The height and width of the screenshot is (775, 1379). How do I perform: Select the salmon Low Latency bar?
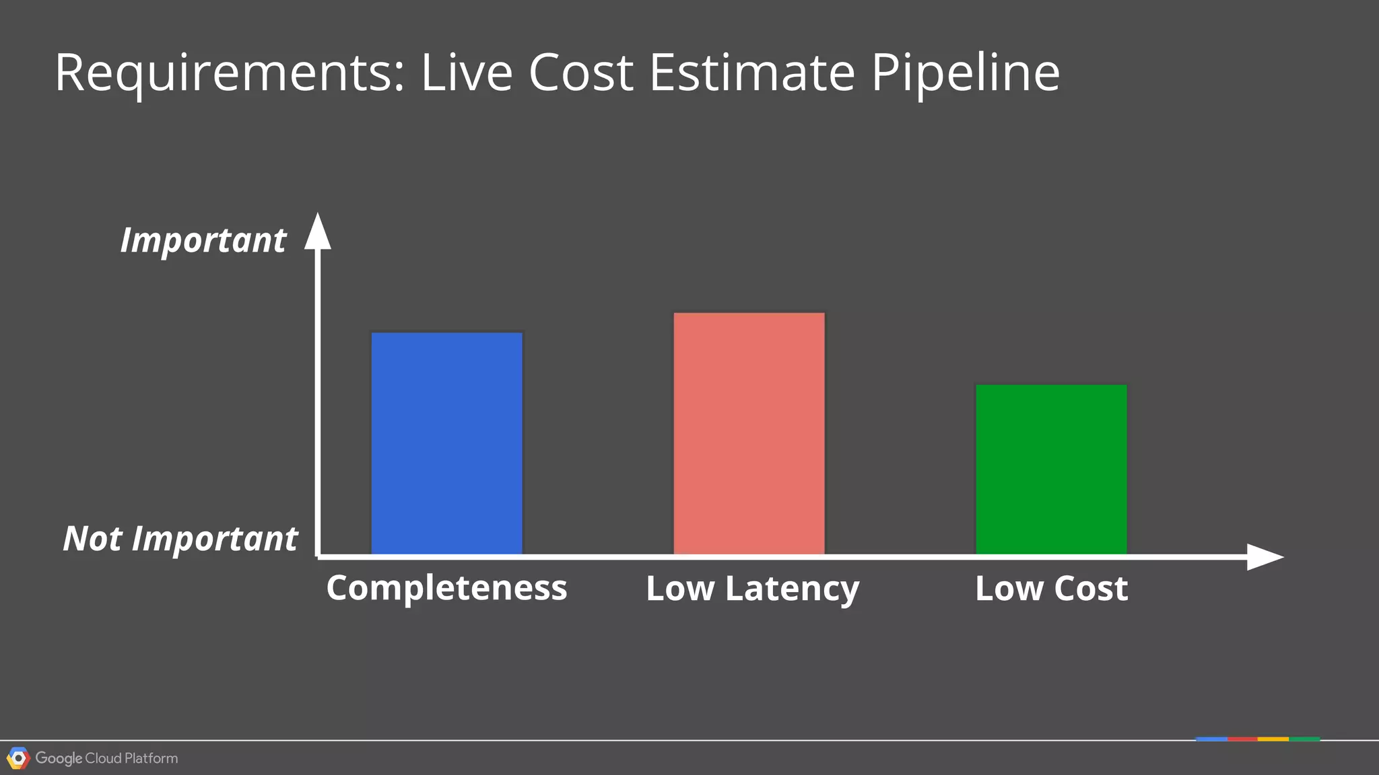(x=749, y=433)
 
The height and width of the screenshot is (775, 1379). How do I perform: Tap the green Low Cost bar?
(x=1051, y=469)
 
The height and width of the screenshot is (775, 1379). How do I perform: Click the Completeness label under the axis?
(x=446, y=587)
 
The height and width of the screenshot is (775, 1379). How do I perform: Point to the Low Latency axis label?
(x=752, y=589)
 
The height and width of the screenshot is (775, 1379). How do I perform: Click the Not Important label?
(x=180, y=538)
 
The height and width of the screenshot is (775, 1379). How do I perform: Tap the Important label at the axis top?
(x=203, y=240)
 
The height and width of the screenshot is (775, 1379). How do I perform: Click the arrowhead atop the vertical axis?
(x=318, y=231)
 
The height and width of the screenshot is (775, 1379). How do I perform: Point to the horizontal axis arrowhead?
(x=1264, y=557)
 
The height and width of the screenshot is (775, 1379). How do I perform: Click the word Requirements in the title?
(x=230, y=73)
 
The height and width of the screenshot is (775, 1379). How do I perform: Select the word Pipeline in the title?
(x=966, y=73)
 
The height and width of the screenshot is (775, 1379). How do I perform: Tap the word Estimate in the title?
(x=752, y=73)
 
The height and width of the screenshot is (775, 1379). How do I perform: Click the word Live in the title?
(x=467, y=73)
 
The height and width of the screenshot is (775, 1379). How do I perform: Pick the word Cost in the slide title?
(x=581, y=73)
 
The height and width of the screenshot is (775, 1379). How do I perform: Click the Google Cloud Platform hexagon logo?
(x=18, y=758)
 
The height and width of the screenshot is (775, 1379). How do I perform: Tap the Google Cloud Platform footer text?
(x=106, y=758)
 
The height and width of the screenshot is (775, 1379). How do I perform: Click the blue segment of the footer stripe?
(x=1211, y=739)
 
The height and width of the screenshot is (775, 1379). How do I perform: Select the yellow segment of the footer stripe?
(x=1273, y=739)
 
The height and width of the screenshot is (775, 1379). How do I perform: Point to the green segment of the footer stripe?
(x=1304, y=739)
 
